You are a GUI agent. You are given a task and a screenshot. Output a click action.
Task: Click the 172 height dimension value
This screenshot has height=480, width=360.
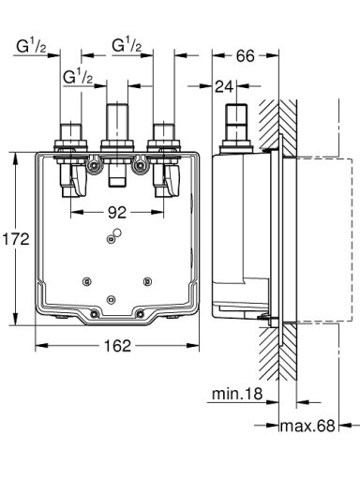point(16,239)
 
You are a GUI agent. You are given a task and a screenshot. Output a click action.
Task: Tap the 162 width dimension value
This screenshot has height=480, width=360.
point(117,346)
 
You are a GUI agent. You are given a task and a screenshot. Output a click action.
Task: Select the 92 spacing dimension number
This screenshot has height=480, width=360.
point(117,213)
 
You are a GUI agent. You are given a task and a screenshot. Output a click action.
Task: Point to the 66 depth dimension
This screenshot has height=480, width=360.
point(246,55)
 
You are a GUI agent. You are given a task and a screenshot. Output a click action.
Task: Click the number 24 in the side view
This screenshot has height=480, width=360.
point(224,86)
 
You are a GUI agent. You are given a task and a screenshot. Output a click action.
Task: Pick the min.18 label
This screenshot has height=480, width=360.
point(237,394)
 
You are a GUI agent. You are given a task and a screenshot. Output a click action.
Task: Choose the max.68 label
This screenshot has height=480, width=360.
point(307,426)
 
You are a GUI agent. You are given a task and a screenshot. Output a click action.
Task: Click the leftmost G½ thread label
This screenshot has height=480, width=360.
point(32,46)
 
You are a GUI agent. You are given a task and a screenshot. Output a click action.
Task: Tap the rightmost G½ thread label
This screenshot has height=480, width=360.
point(127,45)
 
